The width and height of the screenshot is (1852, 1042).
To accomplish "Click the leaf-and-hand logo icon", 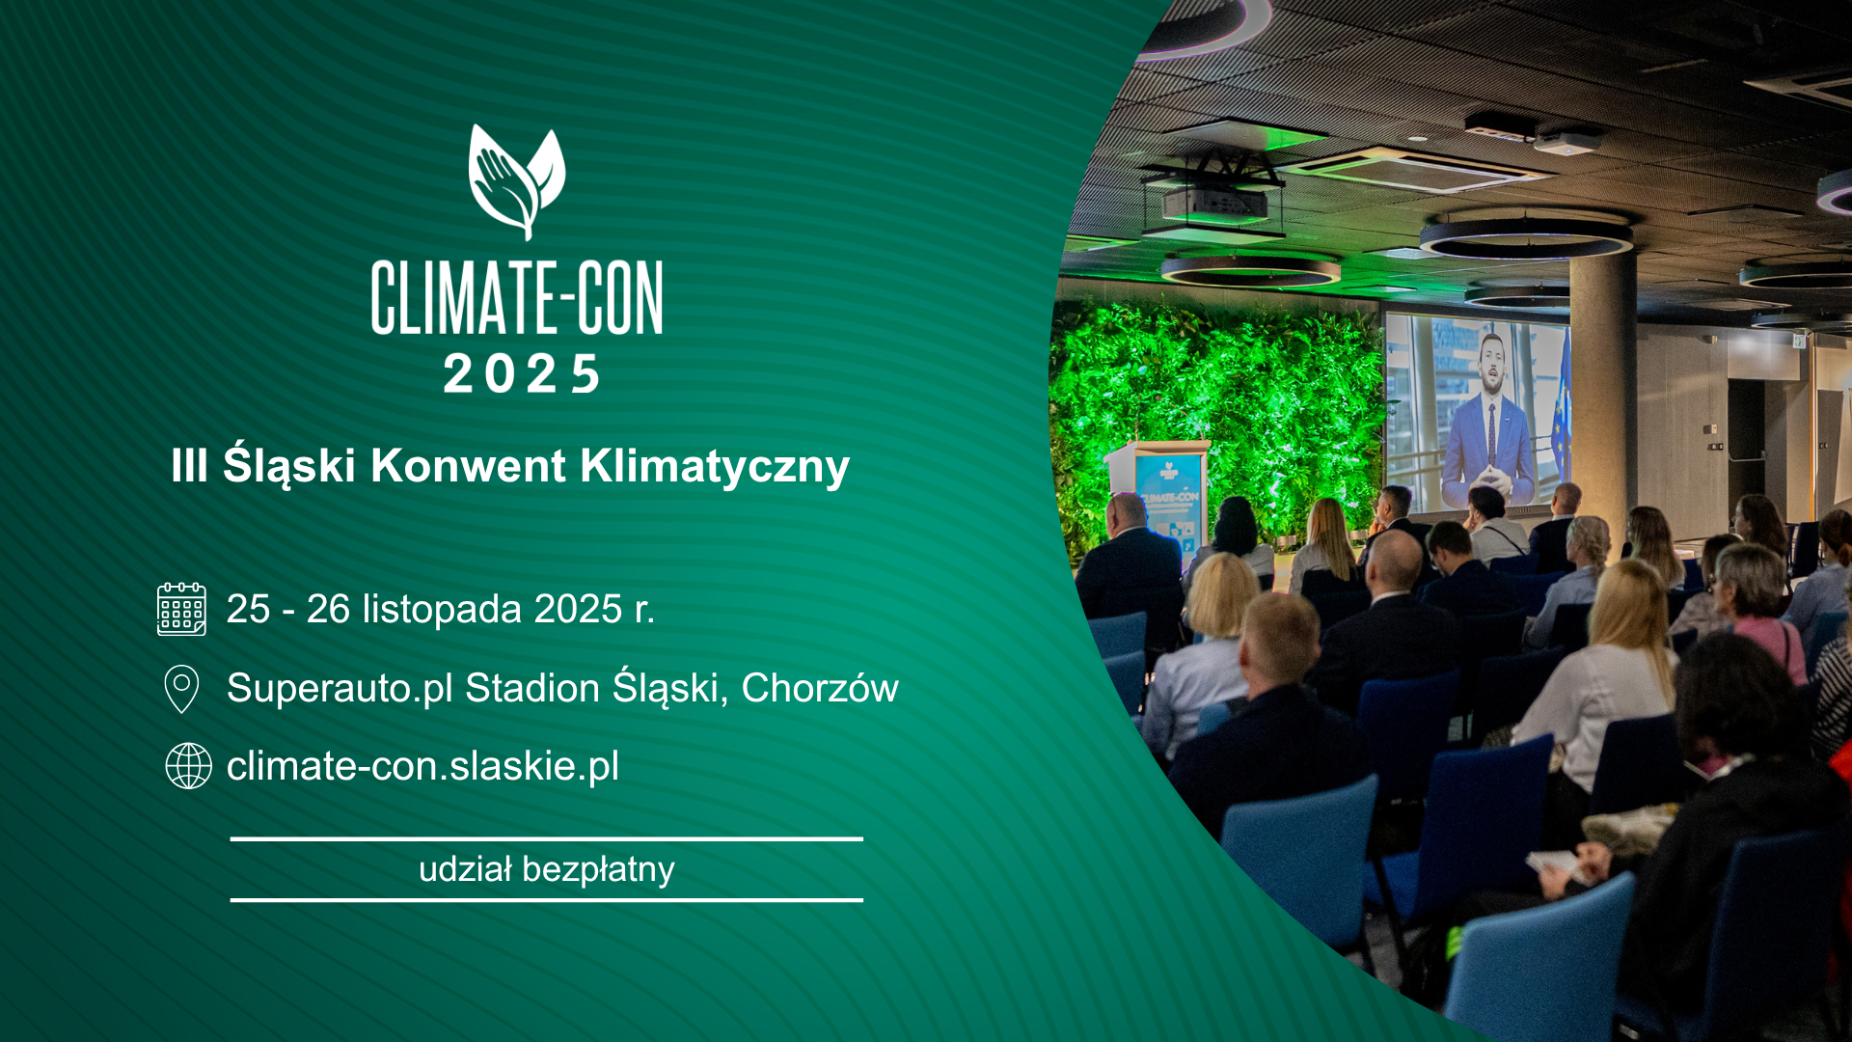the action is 517,181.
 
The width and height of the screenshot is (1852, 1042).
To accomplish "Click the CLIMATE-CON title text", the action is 517,297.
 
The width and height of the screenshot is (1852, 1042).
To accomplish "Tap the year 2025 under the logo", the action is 521,373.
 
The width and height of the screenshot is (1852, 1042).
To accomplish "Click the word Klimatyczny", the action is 715,467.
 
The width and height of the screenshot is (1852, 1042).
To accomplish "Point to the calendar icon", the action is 181,609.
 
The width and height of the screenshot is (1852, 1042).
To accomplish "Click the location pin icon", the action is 181,689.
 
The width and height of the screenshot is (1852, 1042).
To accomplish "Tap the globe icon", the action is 188,766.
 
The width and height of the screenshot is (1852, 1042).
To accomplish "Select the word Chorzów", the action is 820,688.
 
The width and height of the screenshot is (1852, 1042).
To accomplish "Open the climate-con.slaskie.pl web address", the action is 422,766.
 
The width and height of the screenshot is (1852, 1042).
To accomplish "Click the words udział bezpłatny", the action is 546,869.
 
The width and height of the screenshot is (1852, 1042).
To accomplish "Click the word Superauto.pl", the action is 340,689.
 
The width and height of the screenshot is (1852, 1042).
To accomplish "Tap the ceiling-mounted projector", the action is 1214,202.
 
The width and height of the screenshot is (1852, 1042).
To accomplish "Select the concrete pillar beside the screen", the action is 1602,386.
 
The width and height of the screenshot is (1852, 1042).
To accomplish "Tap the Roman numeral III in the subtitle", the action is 189,466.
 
